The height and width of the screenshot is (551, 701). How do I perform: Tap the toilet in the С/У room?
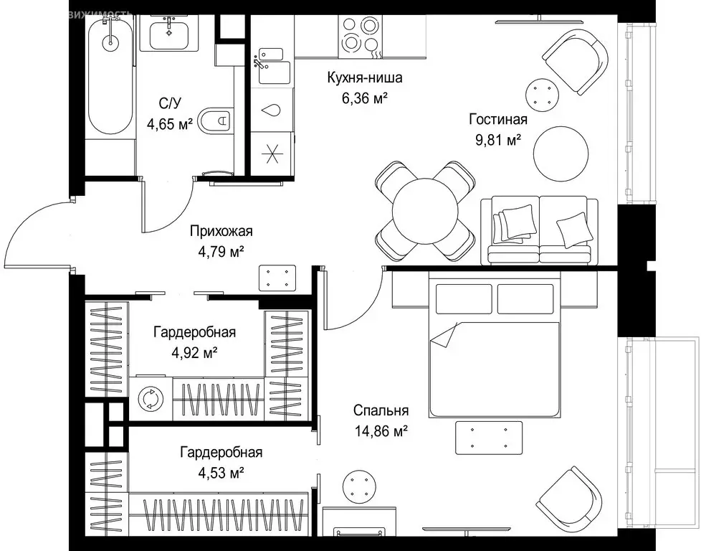[x=215, y=121]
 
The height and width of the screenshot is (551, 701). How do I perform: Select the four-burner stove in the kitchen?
[x=359, y=35]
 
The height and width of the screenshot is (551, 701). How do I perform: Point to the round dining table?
[x=426, y=211]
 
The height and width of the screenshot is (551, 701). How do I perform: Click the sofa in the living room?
[x=539, y=230]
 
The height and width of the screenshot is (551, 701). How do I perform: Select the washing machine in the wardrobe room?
[x=151, y=398]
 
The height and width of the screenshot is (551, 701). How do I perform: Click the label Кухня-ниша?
[x=365, y=77]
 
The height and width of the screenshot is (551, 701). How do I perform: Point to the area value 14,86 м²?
[x=381, y=430]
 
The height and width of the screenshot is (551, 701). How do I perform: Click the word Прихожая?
[x=221, y=232]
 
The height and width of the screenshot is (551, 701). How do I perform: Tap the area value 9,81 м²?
[x=498, y=141]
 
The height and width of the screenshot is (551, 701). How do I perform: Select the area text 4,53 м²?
[x=221, y=473]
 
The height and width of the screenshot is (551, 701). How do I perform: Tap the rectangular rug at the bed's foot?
[x=489, y=438]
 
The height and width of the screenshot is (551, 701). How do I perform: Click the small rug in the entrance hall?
[x=277, y=278]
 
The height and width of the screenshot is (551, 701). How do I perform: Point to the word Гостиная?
[x=498, y=120]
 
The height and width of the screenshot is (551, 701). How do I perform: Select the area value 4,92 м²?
[x=194, y=353]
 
